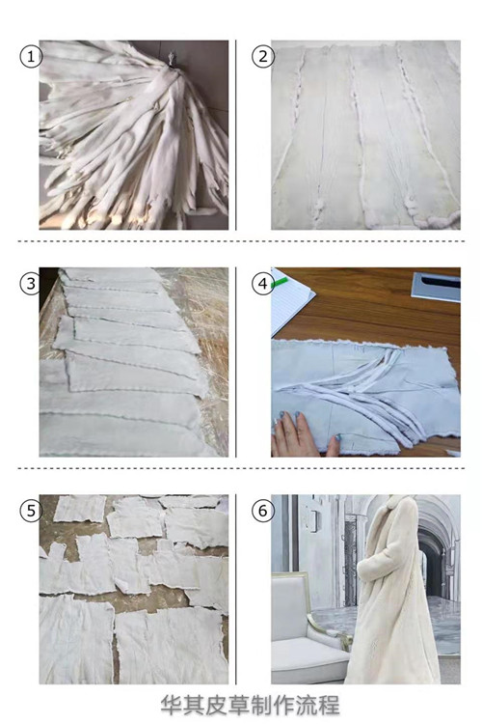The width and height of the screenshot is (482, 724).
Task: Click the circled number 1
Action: coord(31,57)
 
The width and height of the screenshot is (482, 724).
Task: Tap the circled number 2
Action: coord(263,57)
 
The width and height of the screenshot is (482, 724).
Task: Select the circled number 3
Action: coord(31,284)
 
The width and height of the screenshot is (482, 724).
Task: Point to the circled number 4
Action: coord(263,284)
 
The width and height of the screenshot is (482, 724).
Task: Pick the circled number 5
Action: coord(31,511)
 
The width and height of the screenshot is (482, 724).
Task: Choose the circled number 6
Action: coord(263,511)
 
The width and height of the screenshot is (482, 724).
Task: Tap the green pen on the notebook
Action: coord(280,282)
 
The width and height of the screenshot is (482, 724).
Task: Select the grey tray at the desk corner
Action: coord(437,287)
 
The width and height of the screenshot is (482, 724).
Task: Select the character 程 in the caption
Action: coord(329,705)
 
